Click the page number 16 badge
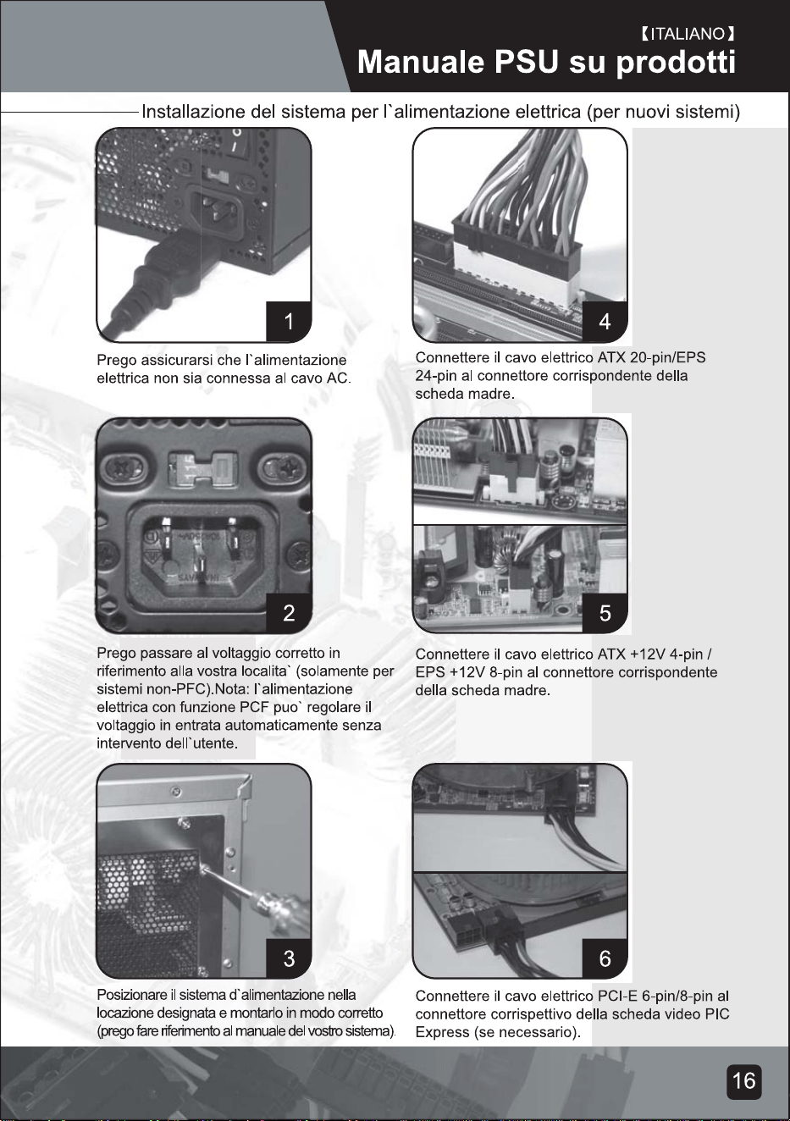tap(744, 1081)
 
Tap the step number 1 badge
tap(289, 321)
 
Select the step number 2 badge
tap(289, 612)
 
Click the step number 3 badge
tap(289, 958)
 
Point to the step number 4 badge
tap(605, 321)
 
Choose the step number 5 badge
tap(605, 612)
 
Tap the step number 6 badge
tap(605, 958)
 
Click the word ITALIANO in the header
tap(688, 34)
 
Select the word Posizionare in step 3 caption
tap(130, 995)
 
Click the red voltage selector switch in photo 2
tap(202, 469)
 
